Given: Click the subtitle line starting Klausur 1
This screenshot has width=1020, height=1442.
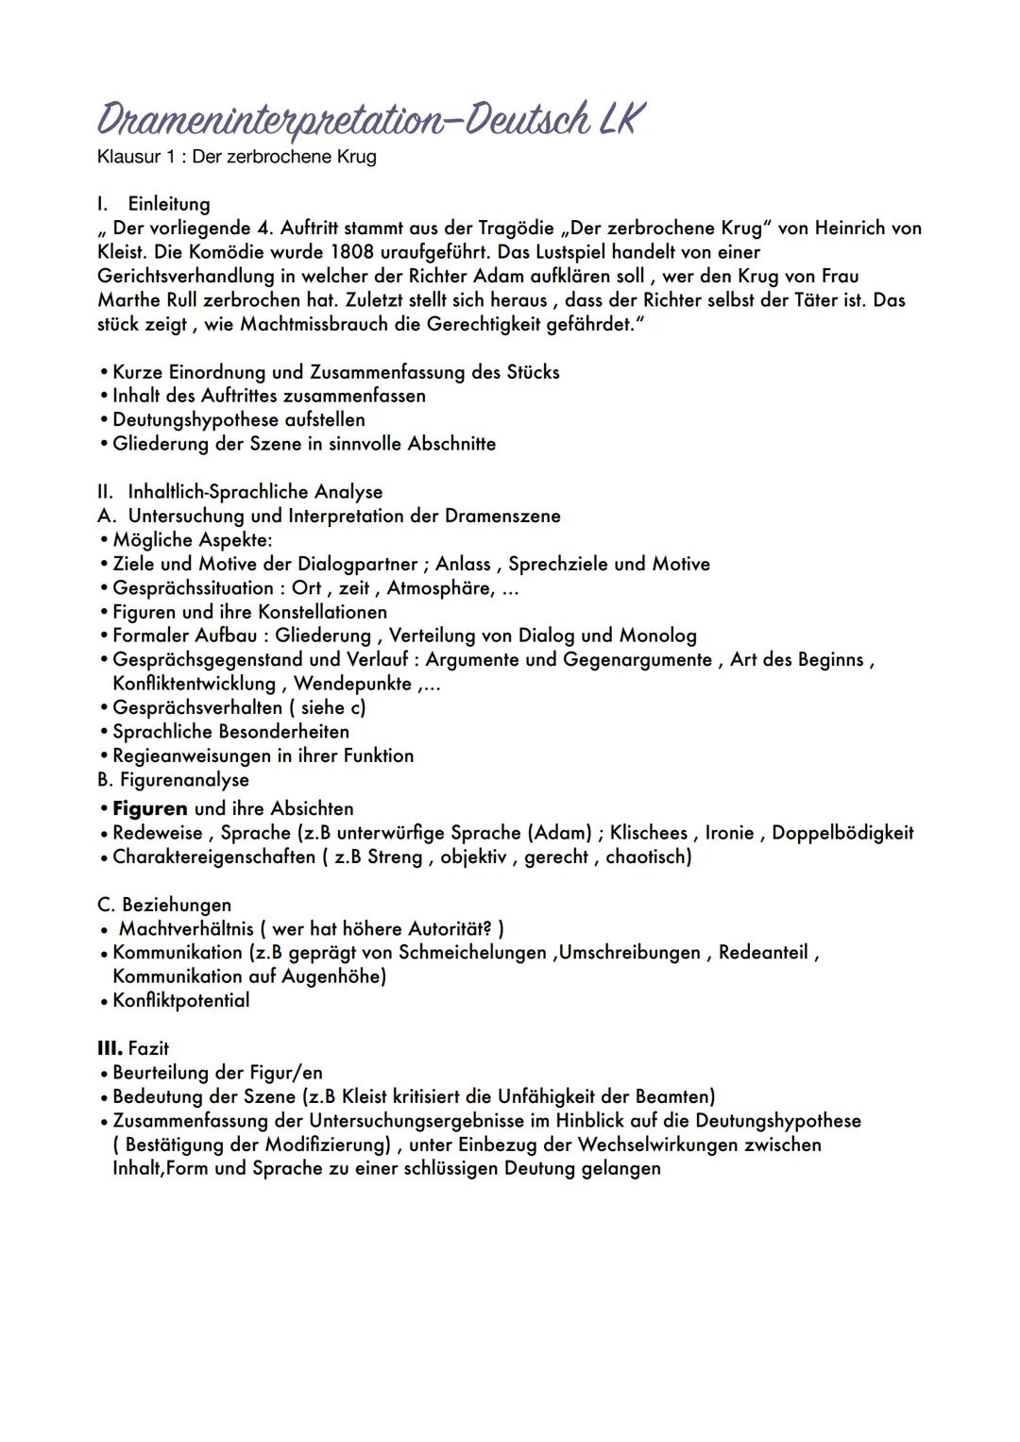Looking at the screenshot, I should (236, 157).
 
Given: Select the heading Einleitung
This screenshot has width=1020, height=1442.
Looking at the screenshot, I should (169, 204).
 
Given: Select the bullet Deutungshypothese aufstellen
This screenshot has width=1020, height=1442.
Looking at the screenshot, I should (238, 419).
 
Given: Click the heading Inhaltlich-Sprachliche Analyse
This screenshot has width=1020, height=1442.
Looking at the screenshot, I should (255, 492).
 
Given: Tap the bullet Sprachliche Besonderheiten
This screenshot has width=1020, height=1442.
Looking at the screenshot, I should (230, 732).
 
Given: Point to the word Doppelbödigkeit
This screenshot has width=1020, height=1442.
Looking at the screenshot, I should (842, 833).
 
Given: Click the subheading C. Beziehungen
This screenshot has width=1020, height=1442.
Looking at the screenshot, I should (164, 905).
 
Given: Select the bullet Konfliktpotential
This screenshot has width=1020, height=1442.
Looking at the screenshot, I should (180, 1001).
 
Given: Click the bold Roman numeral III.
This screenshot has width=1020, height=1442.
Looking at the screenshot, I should (110, 1049).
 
